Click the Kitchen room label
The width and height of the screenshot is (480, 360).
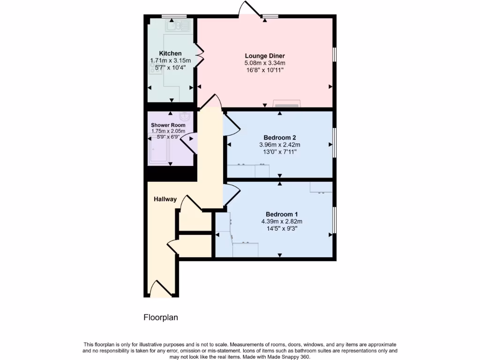coord(170,53)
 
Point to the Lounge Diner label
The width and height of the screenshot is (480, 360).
coord(265,56)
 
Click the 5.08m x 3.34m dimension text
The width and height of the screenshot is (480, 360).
coord(265,63)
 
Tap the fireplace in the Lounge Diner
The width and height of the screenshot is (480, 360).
coord(285,104)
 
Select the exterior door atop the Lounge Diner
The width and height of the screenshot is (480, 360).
coord(249,9)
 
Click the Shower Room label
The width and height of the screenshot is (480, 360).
coord(168,125)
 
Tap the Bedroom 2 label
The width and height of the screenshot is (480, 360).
coord(279,137)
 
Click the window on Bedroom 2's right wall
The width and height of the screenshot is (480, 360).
coord(334,142)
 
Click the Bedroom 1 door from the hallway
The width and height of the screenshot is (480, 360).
coord(231,194)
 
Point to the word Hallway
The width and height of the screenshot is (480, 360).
coord(165,199)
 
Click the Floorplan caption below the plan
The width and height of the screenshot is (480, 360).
coord(161,317)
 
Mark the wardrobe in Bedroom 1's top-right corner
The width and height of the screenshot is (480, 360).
coord(321,187)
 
